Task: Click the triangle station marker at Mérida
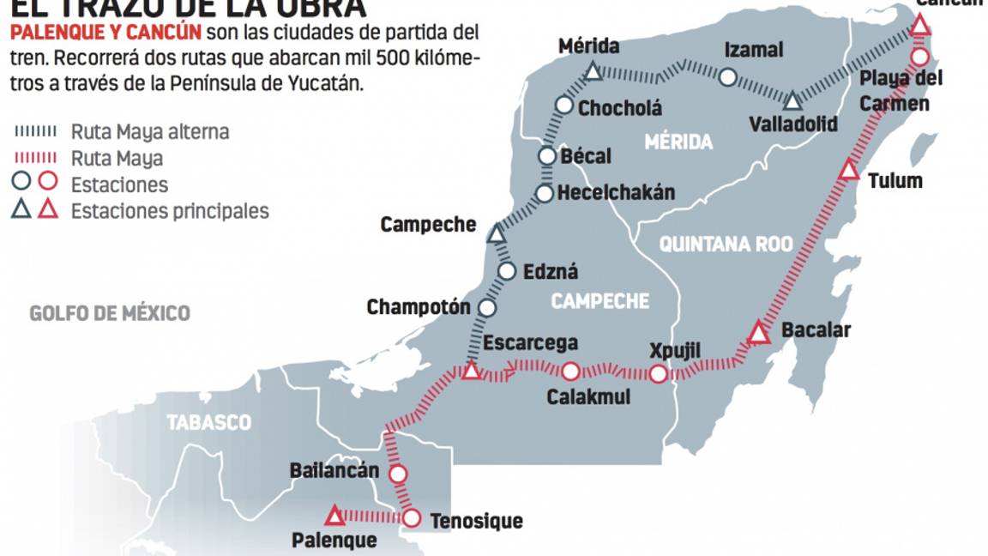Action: point(593,73)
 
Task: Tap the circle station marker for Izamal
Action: point(727,77)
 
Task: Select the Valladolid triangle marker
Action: point(793,102)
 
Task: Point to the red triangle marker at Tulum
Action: point(849,170)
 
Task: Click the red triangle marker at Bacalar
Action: point(757,333)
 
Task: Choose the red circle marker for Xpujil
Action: point(658,374)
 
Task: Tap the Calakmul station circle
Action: point(570,372)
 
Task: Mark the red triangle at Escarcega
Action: point(470,372)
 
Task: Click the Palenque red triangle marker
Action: point(334,517)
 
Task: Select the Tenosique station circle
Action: point(412,518)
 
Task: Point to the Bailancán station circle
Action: point(398,474)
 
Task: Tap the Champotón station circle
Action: point(487,307)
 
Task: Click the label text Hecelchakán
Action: point(616,193)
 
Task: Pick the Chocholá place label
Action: point(620,108)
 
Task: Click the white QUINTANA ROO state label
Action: point(726,245)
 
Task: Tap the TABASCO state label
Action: point(209,422)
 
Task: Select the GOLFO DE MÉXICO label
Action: point(110,313)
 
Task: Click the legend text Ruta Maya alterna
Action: point(150,132)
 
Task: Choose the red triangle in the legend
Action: point(48,209)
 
